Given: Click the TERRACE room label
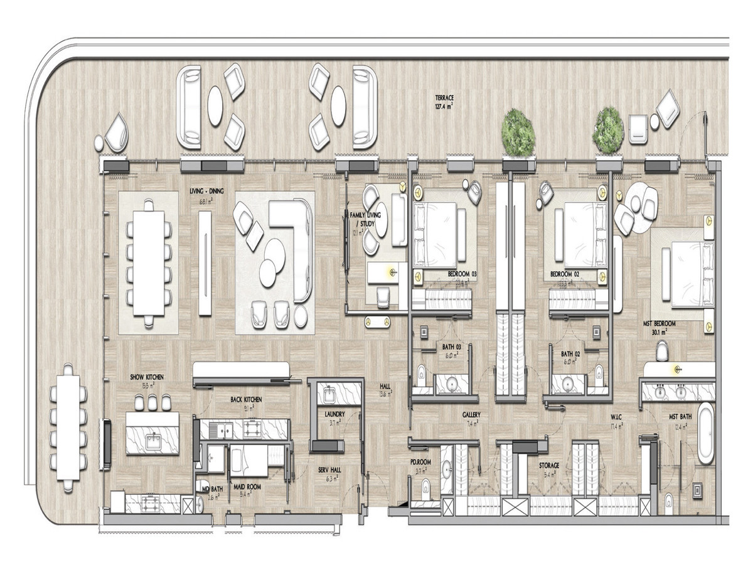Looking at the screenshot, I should click(x=444, y=98).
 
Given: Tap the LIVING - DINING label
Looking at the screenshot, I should click(x=207, y=191).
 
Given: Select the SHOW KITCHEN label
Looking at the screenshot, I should click(x=147, y=377).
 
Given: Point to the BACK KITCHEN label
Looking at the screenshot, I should click(x=245, y=399).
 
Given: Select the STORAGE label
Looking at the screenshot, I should click(x=550, y=466).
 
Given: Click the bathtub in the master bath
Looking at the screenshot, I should click(x=707, y=433).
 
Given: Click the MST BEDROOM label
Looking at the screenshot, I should click(x=660, y=323).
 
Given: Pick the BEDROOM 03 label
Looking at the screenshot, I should click(x=462, y=274).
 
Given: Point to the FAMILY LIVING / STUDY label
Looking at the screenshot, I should click(x=361, y=220).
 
